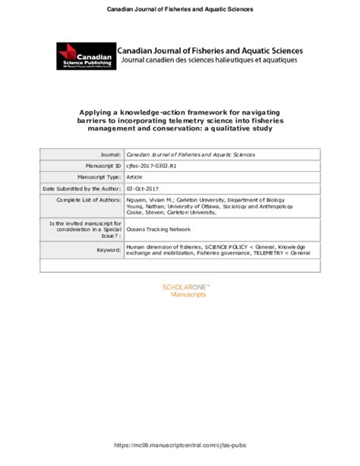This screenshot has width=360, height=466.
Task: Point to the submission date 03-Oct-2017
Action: click(x=144, y=188)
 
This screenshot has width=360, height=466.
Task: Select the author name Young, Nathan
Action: click(x=144, y=206)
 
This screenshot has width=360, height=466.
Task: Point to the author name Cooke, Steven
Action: click(x=144, y=213)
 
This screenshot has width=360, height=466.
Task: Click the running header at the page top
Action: click(x=179, y=9)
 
